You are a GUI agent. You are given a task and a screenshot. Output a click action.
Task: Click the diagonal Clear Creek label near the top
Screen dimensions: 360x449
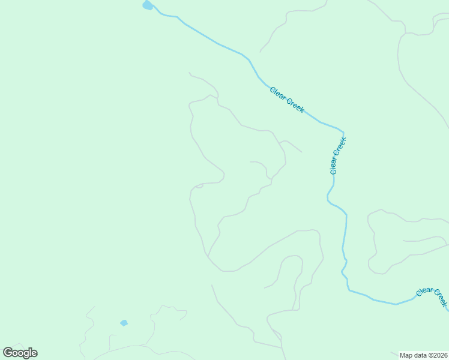click(x=287, y=100)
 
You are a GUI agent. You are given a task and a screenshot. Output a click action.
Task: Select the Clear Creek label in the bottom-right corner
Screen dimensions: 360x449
click(x=432, y=296)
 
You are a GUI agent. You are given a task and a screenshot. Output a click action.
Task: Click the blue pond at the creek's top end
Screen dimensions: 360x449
click(x=147, y=5)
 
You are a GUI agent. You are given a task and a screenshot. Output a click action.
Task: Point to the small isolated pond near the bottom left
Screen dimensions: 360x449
click(x=124, y=323)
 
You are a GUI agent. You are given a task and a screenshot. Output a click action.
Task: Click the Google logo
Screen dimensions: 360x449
click(x=20, y=353)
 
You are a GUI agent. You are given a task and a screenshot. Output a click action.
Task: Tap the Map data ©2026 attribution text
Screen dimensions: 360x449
click(x=423, y=355)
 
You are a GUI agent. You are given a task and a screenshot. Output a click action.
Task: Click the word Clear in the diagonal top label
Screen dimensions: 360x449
click(x=278, y=93)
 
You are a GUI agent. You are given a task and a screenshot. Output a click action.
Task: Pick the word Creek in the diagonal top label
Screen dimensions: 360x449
click(x=295, y=106)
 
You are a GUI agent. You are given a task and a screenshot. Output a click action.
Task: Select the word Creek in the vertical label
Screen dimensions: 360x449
click(x=341, y=145)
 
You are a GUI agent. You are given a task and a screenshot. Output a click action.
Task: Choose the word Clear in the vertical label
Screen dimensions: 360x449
click(x=335, y=166)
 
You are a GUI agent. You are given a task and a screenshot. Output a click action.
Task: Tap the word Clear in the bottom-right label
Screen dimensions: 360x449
click(x=424, y=292)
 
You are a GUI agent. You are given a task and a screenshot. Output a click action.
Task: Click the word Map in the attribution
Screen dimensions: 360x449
click(x=406, y=355)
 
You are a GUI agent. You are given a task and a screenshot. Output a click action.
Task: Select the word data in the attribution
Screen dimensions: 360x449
click(x=420, y=355)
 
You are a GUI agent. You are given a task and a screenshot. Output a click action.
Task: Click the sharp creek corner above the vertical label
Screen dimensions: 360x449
click(x=343, y=131)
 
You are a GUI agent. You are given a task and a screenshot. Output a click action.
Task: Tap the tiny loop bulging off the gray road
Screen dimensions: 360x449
click(x=199, y=186)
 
